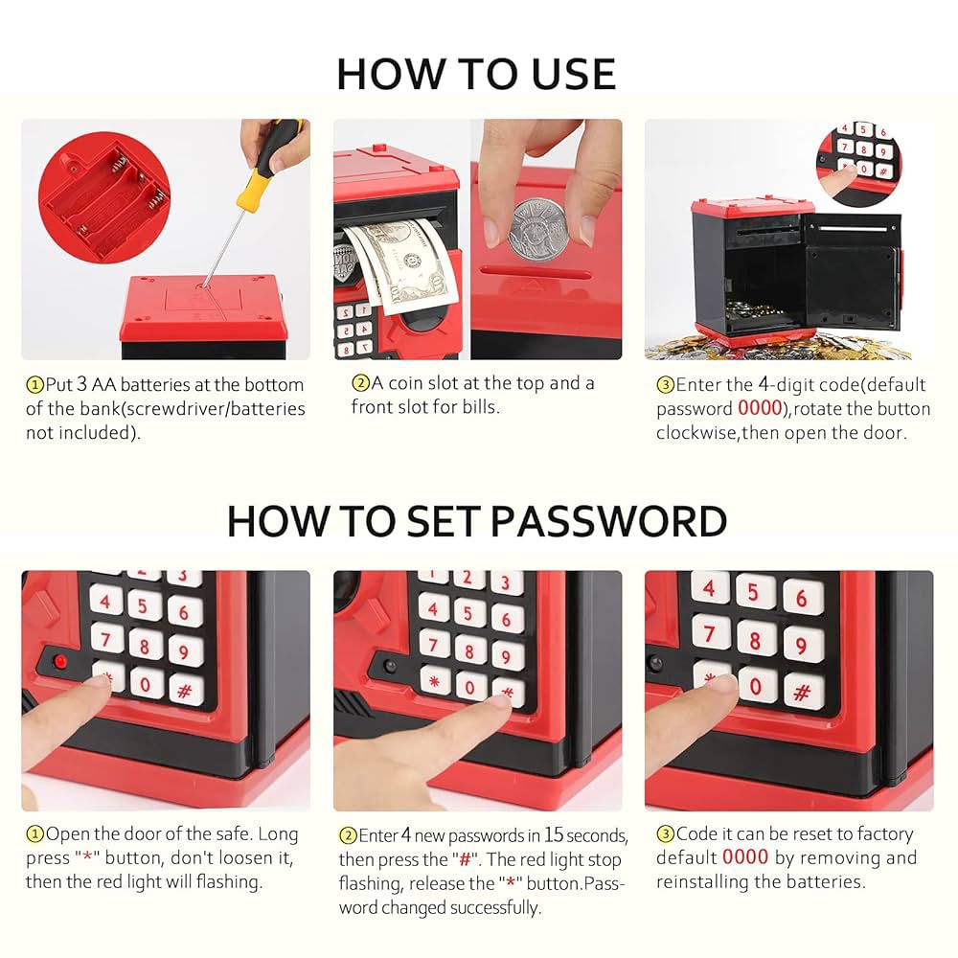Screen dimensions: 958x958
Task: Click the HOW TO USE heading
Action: pos(476,74)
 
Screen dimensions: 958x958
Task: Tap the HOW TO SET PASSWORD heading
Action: pos(476,521)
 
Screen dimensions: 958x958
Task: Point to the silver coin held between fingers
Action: pos(538,229)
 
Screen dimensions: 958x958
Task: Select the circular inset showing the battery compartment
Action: pos(103,197)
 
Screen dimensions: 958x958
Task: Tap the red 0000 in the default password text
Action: pos(760,408)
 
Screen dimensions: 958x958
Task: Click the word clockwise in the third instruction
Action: pos(696,433)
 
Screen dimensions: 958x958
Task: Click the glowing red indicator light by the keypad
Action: pos(59,661)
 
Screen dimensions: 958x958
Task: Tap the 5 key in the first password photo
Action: pos(145,605)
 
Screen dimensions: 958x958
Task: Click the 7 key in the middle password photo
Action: pos(434,645)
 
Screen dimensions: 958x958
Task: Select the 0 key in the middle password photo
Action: pos(469,687)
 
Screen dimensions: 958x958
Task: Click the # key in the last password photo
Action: pos(802,693)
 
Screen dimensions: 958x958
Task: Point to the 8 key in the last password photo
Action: pos(755,640)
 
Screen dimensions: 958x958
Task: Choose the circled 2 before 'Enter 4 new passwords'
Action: pos(348,835)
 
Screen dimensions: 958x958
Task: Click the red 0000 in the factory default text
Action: pos(744,857)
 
